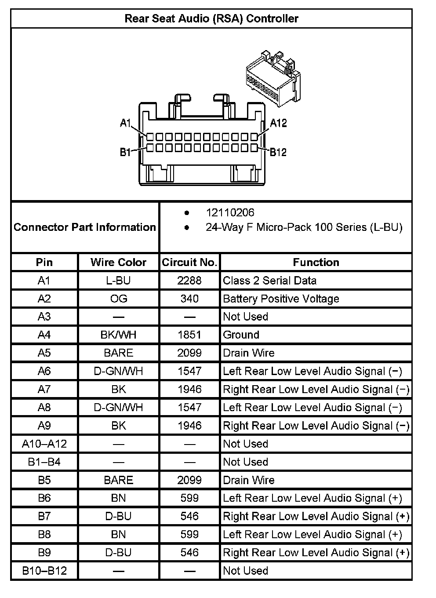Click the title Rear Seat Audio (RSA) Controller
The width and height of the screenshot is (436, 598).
click(211, 18)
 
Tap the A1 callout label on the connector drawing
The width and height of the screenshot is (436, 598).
click(126, 123)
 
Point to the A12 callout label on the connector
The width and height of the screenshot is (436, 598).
click(278, 123)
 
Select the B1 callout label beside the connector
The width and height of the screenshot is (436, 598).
click(125, 153)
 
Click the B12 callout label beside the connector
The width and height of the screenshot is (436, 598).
click(278, 152)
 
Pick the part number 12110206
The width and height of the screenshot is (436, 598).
click(230, 213)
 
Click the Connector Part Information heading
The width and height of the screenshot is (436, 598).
click(85, 227)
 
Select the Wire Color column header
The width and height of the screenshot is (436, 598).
click(118, 263)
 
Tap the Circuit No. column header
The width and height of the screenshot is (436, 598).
click(189, 263)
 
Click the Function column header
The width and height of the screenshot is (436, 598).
click(316, 263)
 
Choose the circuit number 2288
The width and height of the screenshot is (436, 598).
click(189, 281)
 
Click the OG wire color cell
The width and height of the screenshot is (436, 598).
click(118, 299)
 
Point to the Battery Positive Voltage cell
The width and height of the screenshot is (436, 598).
click(281, 299)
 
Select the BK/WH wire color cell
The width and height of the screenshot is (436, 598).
click(118, 335)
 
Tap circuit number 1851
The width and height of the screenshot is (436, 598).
click(189, 335)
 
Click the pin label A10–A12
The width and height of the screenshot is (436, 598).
click(44, 444)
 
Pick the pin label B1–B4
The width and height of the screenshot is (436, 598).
click(44, 462)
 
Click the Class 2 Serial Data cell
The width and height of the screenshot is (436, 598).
click(269, 281)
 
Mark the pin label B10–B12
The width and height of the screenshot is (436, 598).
click(44, 571)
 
